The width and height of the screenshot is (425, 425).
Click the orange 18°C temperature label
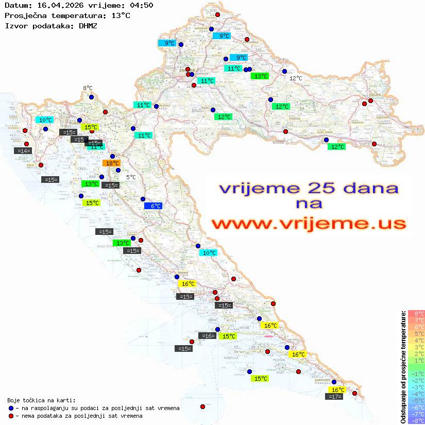click(112, 163)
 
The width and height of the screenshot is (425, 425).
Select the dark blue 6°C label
click(154, 206)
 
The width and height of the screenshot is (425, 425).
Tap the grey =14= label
click(23, 150)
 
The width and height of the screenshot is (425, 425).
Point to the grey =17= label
click(334, 396)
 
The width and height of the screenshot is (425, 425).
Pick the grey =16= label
click(208, 335)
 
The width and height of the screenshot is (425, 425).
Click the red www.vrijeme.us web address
click(309, 224)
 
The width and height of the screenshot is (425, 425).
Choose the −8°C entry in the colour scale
click(416, 420)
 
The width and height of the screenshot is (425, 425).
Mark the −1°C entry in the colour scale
click(416, 373)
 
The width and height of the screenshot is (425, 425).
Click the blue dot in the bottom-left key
click(11, 408)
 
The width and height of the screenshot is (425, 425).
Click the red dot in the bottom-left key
click(11, 416)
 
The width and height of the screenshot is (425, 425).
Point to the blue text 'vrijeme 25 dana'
click(309, 188)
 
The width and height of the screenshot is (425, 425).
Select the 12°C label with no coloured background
click(296, 78)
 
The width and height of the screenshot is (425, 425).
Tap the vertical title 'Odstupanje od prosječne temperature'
click(403, 367)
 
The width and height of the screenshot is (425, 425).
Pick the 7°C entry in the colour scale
click(416, 320)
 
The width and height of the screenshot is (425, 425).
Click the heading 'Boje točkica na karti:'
click(41, 400)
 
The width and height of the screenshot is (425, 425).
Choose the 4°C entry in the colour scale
click(416, 340)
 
